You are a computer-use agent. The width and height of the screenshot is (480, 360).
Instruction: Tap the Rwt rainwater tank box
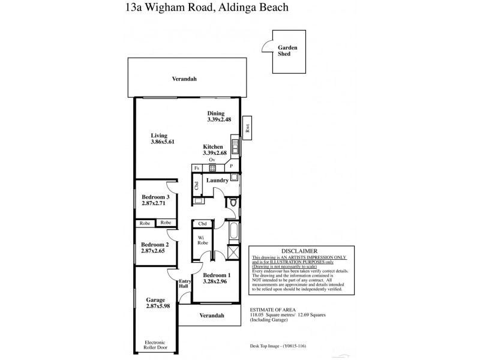tap(247, 128)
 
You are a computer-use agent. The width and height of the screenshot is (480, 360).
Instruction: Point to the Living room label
tap(159, 136)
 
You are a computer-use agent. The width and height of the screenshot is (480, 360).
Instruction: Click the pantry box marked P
tap(230, 166)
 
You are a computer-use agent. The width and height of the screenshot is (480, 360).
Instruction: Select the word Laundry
tap(217, 180)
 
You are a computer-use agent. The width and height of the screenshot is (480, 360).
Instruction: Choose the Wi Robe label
tap(202, 241)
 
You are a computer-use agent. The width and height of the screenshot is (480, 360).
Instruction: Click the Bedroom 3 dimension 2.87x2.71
tap(154, 203)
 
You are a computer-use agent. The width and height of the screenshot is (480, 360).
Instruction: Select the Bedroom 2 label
tap(155, 244)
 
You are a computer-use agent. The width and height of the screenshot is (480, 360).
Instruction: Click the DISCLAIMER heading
tap(299, 251)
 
